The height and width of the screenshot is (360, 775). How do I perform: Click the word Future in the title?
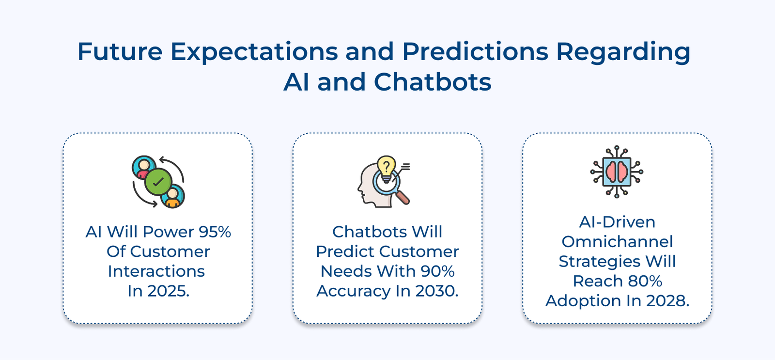coord(120,51)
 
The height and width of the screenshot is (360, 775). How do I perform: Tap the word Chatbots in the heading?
coord(432,82)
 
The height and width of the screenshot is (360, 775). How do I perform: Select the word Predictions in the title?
coord(475,51)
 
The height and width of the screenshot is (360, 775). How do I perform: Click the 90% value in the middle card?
coord(437,271)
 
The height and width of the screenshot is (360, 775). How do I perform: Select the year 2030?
coord(436,291)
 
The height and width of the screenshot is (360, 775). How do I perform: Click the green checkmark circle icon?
coord(158,182)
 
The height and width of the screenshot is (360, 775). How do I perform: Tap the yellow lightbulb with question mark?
coord(386,167)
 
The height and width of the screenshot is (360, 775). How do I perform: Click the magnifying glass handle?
coord(403,197)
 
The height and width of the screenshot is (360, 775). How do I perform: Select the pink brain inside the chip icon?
coord(617,172)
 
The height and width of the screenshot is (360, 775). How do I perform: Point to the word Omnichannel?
coord(617,242)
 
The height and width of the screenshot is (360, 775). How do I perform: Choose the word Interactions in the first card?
coord(156,271)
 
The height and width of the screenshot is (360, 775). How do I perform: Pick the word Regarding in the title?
coord(623,52)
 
